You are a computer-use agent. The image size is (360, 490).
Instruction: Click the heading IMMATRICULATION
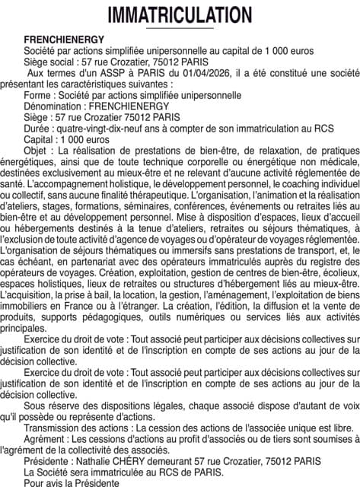(x=180, y=15)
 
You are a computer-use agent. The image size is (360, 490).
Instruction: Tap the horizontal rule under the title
(x=180, y=29)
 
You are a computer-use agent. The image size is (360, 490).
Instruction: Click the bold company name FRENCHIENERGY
(x=64, y=38)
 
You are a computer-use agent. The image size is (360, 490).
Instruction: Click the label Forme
(x=38, y=95)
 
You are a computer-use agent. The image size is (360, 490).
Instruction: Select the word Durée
(x=37, y=129)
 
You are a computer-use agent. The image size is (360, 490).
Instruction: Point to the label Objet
(x=38, y=151)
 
